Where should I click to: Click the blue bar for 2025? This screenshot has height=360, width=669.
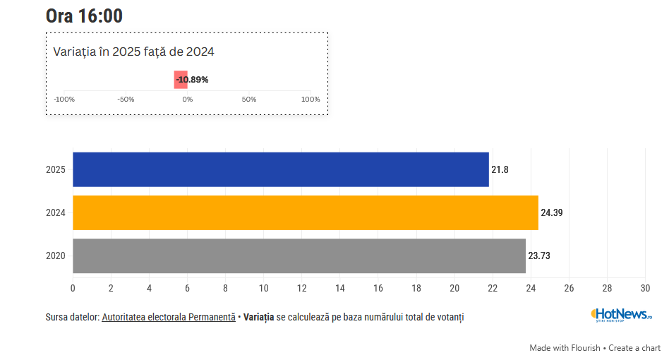281,169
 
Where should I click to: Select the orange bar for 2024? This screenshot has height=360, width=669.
306,212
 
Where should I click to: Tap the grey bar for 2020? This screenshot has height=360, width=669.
299,256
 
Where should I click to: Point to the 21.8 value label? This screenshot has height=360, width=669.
500,169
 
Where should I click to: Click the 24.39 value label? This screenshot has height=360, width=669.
552,212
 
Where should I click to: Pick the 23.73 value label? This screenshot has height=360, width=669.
539,256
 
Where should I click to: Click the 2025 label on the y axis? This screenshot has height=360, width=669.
56,169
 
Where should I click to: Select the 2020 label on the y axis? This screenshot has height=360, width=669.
56,256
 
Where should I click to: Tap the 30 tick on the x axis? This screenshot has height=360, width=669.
645,288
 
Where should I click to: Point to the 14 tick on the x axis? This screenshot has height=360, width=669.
340,288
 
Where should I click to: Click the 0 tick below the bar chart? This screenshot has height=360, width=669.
73,288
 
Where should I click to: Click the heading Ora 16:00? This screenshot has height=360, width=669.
84,16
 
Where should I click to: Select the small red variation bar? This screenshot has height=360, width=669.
180,80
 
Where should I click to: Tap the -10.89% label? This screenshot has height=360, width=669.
193,80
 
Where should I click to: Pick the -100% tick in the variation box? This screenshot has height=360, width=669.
64,100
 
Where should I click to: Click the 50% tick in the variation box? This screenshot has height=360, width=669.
249,100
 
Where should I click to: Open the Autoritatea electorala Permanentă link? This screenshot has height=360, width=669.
169,318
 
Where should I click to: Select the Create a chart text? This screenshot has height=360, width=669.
634,348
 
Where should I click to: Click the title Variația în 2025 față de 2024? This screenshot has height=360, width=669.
134,52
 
